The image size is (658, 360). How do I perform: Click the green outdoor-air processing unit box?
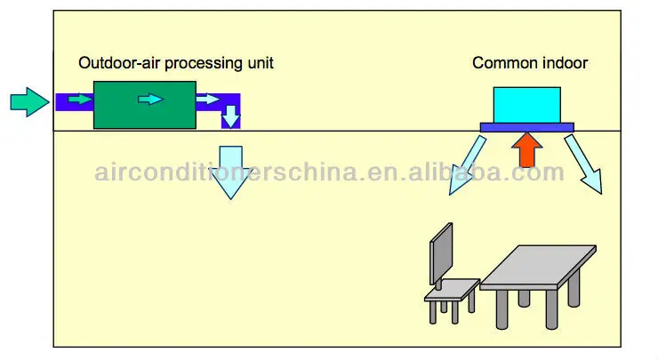tap(144, 104)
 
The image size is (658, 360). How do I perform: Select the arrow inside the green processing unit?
tap(151, 99)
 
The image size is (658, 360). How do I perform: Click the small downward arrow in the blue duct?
tap(231, 116)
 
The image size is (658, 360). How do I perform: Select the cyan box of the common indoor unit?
tap(527, 104)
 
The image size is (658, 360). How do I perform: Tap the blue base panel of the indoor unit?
tap(527, 126)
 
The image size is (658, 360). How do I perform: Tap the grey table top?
tap(538, 266)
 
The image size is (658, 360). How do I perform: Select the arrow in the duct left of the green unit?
tap(79, 99)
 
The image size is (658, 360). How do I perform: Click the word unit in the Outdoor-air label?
tap(260, 63)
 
